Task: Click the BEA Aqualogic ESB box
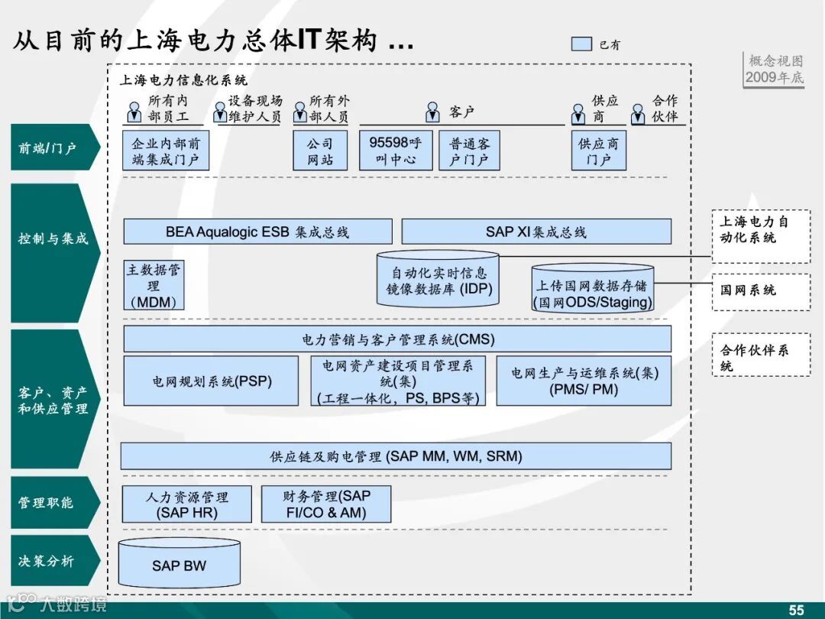pos(257,232)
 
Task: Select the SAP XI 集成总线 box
pos(536,232)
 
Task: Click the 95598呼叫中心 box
pos(395,151)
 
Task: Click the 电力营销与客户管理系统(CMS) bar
pos(397,339)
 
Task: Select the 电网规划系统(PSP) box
pos(211,381)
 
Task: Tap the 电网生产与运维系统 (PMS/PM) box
pos(584,381)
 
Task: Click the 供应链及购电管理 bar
pos(396,456)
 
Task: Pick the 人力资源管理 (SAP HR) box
pos(187,504)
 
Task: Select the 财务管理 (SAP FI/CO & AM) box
pos(327,504)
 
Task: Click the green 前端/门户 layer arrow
pos(53,147)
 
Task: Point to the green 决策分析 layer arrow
pos(53,561)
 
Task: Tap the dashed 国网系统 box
pos(761,291)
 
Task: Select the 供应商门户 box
pos(598,151)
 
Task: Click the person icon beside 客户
pos(432,112)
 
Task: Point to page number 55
pos(796,610)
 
